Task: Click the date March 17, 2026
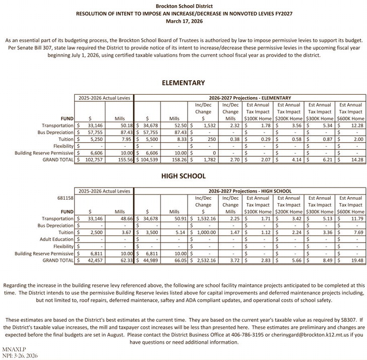pos(183,22)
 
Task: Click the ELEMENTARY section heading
pos(183,83)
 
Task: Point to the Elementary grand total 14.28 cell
pos(356,159)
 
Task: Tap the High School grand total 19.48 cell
pos(356,260)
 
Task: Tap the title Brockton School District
pos(183,6)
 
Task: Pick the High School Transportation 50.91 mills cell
pos(172,219)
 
